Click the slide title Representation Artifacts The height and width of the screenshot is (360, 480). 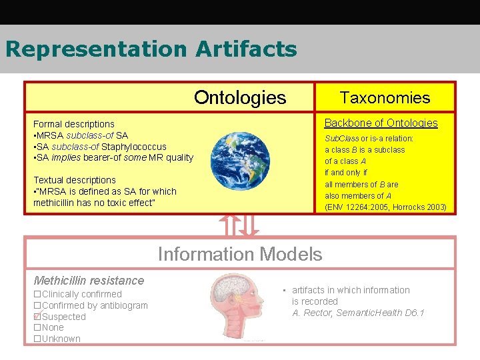coord(151,49)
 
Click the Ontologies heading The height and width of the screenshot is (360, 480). coord(239,98)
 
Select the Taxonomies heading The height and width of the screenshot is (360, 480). coord(385,98)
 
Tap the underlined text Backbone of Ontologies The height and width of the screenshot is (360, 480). coord(381,123)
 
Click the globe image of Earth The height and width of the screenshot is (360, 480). coord(241,160)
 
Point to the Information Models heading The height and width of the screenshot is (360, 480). coord(239,254)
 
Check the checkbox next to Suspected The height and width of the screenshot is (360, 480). coord(37,317)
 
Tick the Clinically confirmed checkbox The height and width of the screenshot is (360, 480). coord(37,294)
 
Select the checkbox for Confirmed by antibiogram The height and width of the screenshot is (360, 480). coord(37,305)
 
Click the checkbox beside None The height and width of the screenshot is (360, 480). coord(37,328)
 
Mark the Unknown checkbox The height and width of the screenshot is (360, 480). coord(37,339)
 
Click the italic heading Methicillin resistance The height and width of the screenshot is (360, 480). coord(89,281)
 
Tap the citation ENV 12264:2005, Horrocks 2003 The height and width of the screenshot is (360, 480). coord(385,207)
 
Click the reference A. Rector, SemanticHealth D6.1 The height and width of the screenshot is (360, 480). coord(358,313)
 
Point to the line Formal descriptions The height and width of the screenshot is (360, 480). coord(74,124)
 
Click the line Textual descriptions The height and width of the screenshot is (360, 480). coord(75,180)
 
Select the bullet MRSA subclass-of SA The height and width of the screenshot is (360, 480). coord(81,135)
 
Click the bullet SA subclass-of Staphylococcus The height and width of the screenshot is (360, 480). coord(100,147)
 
